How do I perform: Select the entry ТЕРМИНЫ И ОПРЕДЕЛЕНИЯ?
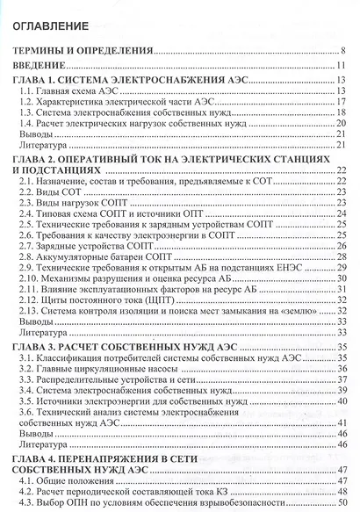[x=83, y=52]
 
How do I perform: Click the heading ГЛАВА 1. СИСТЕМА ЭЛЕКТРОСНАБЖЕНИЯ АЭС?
[x=132, y=81]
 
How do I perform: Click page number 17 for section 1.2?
[x=342, y=104]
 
